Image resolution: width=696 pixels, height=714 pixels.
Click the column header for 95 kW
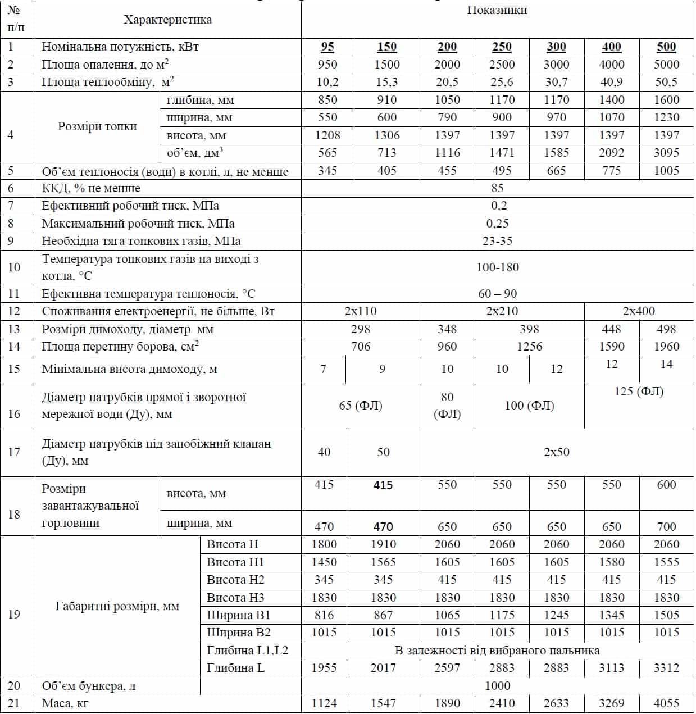point(327,47)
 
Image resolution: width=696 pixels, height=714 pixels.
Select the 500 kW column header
point(666,47)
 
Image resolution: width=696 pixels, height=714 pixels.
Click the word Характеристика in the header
point(168,20)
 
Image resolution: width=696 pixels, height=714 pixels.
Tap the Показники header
point(497,11)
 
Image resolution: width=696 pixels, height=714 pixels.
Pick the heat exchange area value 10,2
point(327,83)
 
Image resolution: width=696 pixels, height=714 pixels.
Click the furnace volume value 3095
point(666,153)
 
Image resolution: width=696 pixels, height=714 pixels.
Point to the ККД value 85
point(497,188)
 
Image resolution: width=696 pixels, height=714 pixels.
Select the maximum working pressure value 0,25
point(497,224)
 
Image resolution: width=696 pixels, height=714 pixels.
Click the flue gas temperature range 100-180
point(497,267)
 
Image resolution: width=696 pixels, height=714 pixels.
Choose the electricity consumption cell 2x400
point(639,311)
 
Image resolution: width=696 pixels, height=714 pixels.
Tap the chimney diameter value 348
point(447,329)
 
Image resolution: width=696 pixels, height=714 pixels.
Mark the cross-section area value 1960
point(666,347)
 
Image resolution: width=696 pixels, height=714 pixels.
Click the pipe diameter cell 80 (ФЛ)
point(447,406)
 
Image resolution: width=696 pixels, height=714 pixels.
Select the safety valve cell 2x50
point(556,452)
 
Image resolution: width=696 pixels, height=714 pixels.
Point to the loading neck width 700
point(666,527)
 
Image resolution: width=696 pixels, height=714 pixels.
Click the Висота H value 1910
point(383,544)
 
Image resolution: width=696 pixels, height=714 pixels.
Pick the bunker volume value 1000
point(497,686)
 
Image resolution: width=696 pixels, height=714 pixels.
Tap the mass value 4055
point(666,703)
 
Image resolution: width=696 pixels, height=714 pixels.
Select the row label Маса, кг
point(65,703)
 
